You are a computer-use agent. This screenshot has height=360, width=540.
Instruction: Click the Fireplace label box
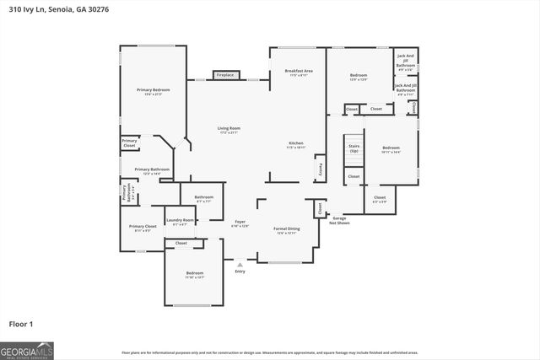click(x=224, y=75)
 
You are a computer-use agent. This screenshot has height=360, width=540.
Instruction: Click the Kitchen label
click(x=296, y=145)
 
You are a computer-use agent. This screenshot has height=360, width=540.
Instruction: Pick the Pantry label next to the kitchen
click(x=320, y=169)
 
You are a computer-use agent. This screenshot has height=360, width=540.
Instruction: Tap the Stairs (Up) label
click(x=354, y=148)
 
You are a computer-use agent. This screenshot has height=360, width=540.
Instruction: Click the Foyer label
click(x=240, y=223)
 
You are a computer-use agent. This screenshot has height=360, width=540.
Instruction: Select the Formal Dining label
click(x=286, y=230)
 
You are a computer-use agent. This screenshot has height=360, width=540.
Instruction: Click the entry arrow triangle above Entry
click(x=240, y=265)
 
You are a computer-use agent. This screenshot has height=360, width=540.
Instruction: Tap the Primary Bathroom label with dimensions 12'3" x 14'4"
click(x=152, y=171)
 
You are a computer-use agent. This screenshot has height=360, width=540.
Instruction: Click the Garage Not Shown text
click(x=339, y=221)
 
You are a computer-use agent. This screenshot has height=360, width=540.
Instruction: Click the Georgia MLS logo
click(x=27, y=349)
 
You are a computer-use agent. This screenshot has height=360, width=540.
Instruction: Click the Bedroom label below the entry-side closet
click(x=194, y=275)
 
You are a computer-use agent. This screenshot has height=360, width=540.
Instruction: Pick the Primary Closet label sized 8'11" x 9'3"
click(x=143, y=228)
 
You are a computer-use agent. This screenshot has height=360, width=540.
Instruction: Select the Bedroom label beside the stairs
click(x=390, y=149)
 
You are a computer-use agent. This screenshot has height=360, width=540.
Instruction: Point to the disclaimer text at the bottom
click(x=270, y=352)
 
